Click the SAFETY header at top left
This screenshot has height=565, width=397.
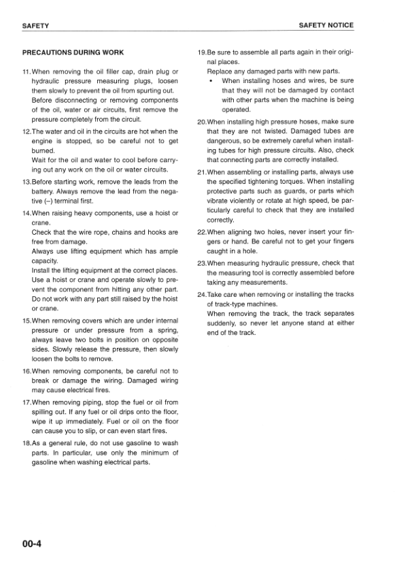(35, 26)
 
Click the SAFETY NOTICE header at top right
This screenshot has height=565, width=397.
(326, 25)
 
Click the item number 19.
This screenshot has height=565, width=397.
(201, 52)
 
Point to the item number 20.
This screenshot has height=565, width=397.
(201, 122)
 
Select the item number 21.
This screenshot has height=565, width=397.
(201, 172)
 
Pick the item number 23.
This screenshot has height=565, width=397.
(201, 263)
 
